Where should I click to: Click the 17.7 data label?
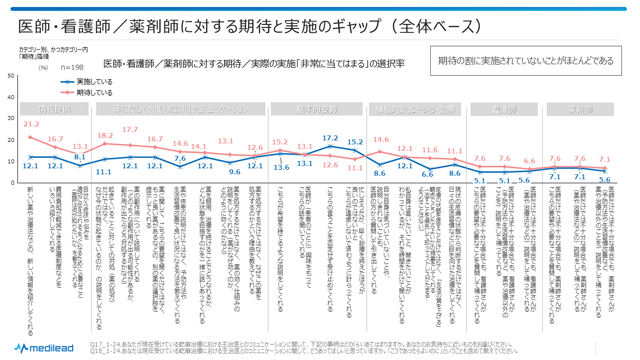130,130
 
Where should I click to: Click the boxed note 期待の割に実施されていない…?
526,61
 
